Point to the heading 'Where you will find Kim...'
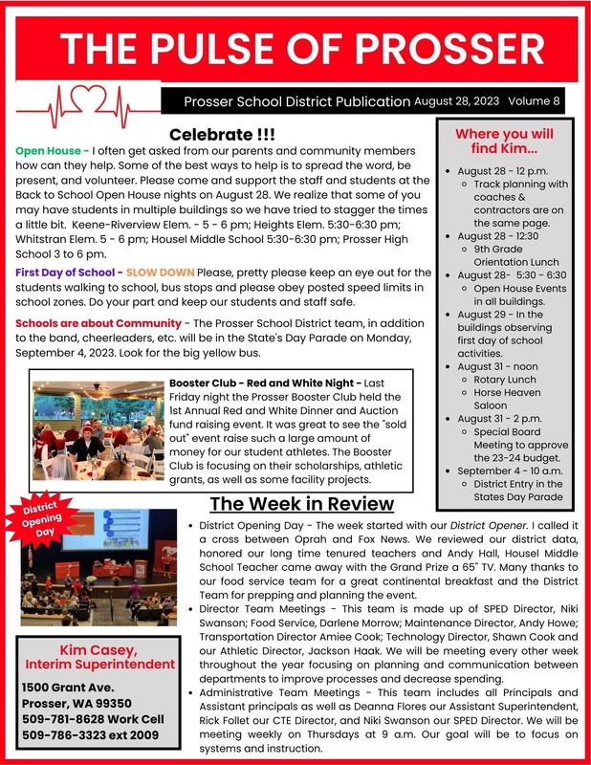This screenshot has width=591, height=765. [x=503, y=142]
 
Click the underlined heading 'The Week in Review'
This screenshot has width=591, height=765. [x=301, y=504]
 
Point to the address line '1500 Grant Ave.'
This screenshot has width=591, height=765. [x=69, y=688]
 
